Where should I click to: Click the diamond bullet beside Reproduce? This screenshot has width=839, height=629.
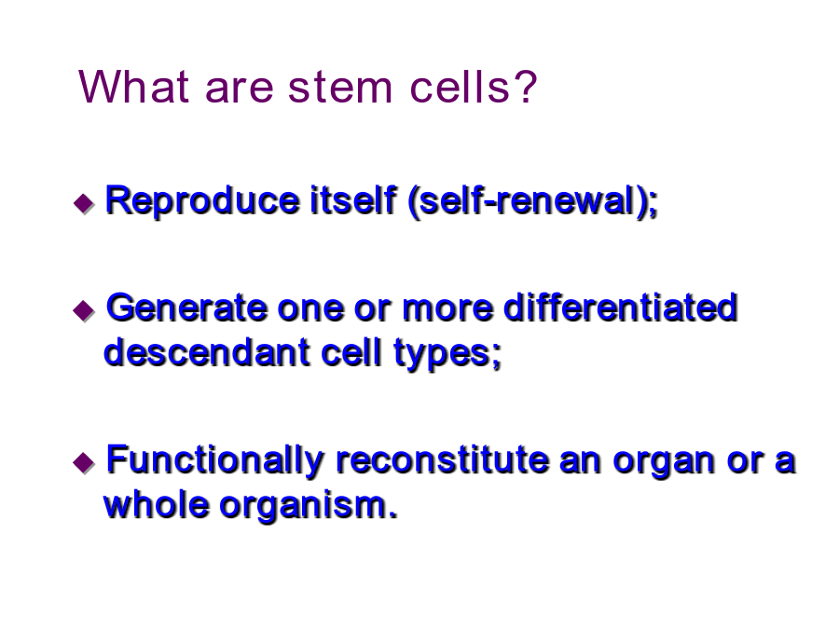pos(84,203)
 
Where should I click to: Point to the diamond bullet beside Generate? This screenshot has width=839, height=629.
pos(84,310)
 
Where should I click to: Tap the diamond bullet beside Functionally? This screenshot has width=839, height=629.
pos(84,462)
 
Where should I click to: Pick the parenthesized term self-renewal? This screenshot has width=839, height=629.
pos(533,202)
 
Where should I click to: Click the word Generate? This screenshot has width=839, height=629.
pos(186,308)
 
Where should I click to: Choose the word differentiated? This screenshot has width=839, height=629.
pos(621,308)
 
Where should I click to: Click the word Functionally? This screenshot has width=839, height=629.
pos(215,461)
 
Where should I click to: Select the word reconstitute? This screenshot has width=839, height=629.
pos(443,460)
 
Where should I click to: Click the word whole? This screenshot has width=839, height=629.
pos(156,505)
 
